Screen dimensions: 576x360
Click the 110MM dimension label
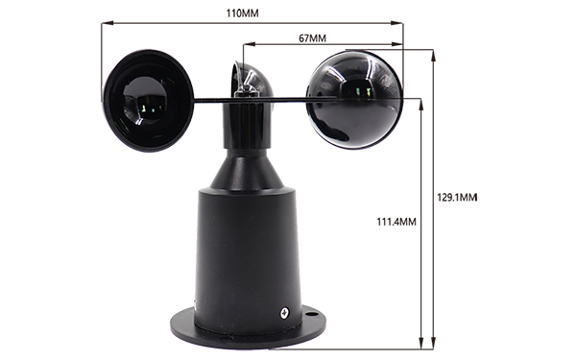click(x=242, y=13)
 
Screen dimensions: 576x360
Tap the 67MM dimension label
click(x=312, y=38)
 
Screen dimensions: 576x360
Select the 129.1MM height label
click(x=457, y=198)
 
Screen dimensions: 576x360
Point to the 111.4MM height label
click(x=396, y=222)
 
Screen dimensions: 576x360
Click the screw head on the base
click(x=285, y=313)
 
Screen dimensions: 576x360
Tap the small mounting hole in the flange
click(x=311, y=315)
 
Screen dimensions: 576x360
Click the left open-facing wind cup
click(x=148, y=101)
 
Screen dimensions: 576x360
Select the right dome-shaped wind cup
click(x=355, y=100)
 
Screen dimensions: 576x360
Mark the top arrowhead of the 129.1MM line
click(x=434, y=55)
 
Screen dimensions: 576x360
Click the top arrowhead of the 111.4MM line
click(x=421, y=105)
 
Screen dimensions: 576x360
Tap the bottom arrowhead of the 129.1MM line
click(x=434, y=343)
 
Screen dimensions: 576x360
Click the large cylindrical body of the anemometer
click(x=248, y=257)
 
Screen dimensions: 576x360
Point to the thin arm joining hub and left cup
click(x=213, y=100)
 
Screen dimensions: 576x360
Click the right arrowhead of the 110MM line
click(x=397, y=23)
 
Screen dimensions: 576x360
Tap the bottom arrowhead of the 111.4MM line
click(x=421, y=343)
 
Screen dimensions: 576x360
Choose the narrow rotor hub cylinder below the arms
click(x=248, y=125)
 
